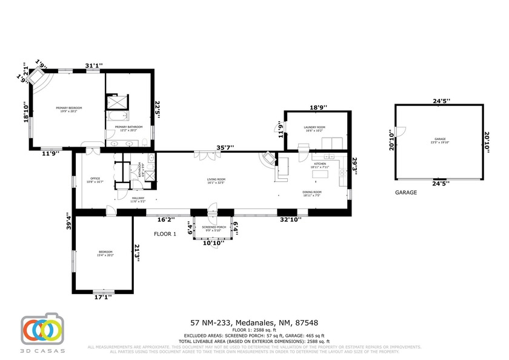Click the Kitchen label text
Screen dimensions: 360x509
point(319,164)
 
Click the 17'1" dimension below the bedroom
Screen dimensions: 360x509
point(102,298)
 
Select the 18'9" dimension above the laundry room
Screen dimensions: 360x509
point(318,107)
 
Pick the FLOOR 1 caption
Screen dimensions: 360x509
point(165,234)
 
